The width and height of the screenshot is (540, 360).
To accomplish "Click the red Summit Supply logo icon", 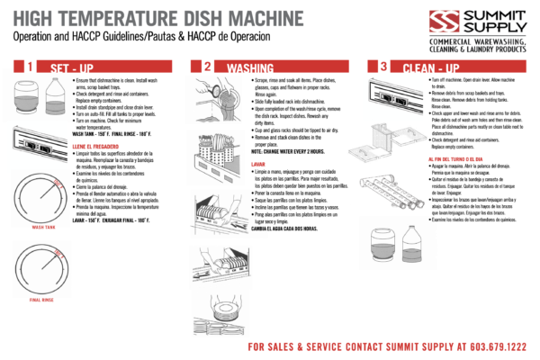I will [x=417, y=22].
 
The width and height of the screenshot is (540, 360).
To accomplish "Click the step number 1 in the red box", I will [x=30, y=67].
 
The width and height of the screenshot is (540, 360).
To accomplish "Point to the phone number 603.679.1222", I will [x=495, y=346].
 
